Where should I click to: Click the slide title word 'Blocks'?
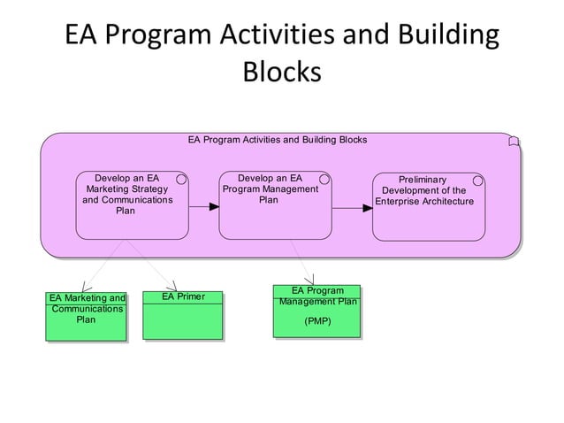pos(281,72)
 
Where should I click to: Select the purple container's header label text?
pos(278,140)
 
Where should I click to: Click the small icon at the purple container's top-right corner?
pos(514,142)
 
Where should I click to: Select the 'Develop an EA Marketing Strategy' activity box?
pos(132,204)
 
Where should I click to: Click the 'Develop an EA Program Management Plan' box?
pos(275,204)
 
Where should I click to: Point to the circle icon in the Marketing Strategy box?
pos(181,180)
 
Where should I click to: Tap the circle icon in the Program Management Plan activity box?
pos(324,180)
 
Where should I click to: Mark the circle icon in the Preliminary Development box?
pos(478,181)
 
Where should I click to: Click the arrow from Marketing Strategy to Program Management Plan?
pos(204,207)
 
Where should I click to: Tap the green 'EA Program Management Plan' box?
pos(317,311)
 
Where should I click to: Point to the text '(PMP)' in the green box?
pos(317,320)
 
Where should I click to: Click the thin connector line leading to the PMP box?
pos(302,262)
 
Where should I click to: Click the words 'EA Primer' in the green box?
pos(183,296)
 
